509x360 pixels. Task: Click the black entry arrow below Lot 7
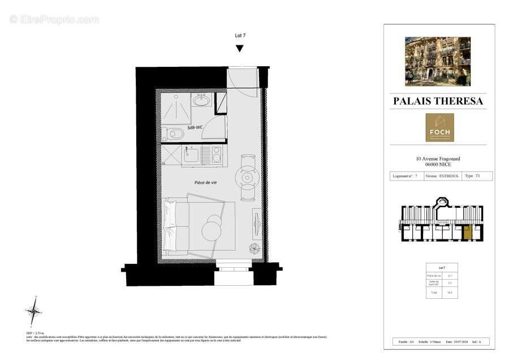coord(240,49)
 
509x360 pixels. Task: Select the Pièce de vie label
coord(205,182)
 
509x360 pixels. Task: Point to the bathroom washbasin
coord(201,101)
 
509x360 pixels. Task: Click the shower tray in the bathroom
coord(176,107)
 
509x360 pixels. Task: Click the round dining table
coord(248,177)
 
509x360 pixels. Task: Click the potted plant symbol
coord(255,248)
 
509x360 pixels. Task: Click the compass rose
coord(34,311)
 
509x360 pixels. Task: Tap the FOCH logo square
coord(439,127)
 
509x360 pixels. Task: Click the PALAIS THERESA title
coord(438,101)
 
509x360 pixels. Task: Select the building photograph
coord(438,61)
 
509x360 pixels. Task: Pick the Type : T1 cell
coord(477,176)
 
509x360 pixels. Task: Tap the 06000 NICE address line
coord(438,164)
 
